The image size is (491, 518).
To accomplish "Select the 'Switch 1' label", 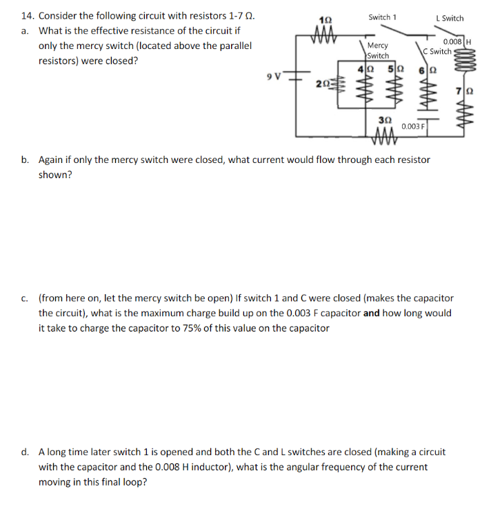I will click(x=383, y=17).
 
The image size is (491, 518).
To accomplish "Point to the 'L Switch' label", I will click(x=450, y=18).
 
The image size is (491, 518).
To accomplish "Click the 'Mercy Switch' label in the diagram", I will click(x=378, y=50).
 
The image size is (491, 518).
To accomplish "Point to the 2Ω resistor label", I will click(x=321, y=84).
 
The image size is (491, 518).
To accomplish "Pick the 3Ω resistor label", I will click(x=385, y=119).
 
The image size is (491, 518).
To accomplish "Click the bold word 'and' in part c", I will click(x=372, y=313).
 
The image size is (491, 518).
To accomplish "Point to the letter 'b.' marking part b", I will click(x=25, y=160).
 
